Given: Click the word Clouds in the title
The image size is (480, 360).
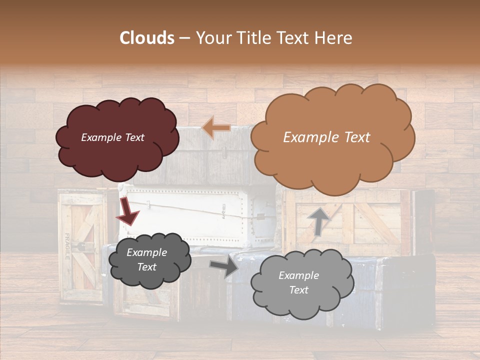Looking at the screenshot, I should pos(147,38).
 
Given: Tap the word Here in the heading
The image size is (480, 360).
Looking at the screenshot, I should pos(334,38).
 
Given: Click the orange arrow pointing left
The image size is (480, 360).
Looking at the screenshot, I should pos(216,128).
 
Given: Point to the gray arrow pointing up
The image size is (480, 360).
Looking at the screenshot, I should pos(317,221).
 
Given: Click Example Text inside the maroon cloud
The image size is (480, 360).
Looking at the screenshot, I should pos(112,137).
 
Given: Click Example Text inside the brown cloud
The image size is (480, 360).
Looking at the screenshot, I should pos(326,137).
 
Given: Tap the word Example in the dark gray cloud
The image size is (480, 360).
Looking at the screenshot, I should pos(146,252).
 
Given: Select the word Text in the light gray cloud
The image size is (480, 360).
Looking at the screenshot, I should pos(299,290).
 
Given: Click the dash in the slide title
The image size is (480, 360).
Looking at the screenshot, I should pos(184,38).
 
